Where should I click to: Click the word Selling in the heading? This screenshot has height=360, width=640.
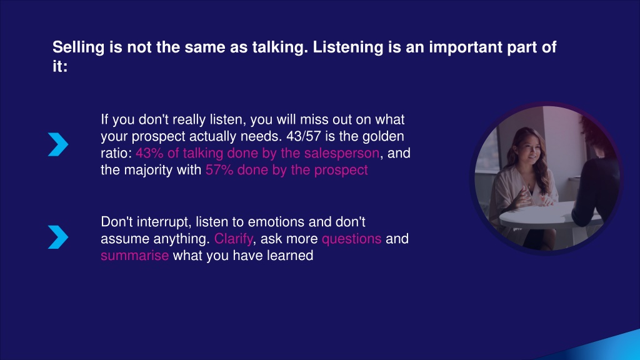(78, 47)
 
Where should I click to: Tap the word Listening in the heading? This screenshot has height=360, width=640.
(347, 47)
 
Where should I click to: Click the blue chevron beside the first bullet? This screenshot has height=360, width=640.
(58, 144)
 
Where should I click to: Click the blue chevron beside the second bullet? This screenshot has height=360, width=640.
(58, 237)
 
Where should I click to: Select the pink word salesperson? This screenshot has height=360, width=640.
(342, 154)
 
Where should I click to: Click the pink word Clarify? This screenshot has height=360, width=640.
(234, 239)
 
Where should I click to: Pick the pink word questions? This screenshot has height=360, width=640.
(351, 239)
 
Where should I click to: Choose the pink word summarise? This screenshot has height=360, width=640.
(135, 256)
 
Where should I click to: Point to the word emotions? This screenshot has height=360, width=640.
(276, 222)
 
